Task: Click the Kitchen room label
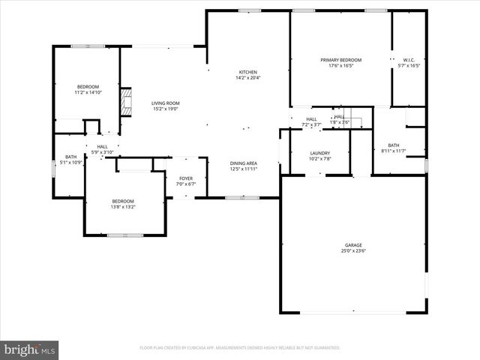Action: [x=247, y=71]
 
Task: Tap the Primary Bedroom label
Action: [x=341, y=60]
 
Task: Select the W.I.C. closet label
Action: [x=409, y=60]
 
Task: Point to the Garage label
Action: [x=353, y=245]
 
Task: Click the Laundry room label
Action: [x=320, y=153]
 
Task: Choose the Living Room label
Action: [x=166, y=103]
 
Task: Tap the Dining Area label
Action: [x=244, y=163]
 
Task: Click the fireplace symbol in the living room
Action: [x=127, y=102]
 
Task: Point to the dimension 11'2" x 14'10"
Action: [x=88, y=93]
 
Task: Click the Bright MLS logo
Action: [x=30, y=349]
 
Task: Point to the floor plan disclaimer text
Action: [x=240, y=348]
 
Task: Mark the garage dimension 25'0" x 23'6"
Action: [x=353, y=251]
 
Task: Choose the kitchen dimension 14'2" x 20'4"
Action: [x=247, y=77]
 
